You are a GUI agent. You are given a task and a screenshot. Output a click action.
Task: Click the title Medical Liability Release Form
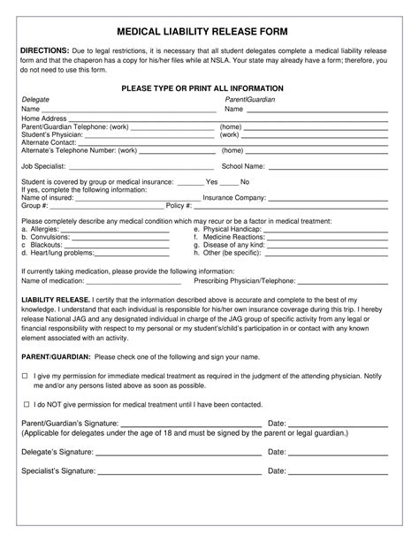(209, 31)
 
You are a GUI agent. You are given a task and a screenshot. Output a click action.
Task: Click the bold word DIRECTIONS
(46, 50)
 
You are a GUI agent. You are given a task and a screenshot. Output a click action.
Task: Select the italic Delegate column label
(35, 100)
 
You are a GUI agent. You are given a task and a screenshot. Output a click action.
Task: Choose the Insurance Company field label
(234, 197)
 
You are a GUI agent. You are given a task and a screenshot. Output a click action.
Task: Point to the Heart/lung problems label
(57, 253)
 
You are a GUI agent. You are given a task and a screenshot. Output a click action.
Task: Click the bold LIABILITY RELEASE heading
(55, 301)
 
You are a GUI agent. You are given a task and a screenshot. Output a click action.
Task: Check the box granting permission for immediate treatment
(25, 376)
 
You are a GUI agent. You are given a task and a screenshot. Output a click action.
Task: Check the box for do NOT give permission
(25, 402)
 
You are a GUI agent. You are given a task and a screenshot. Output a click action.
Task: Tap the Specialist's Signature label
(57, 471)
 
